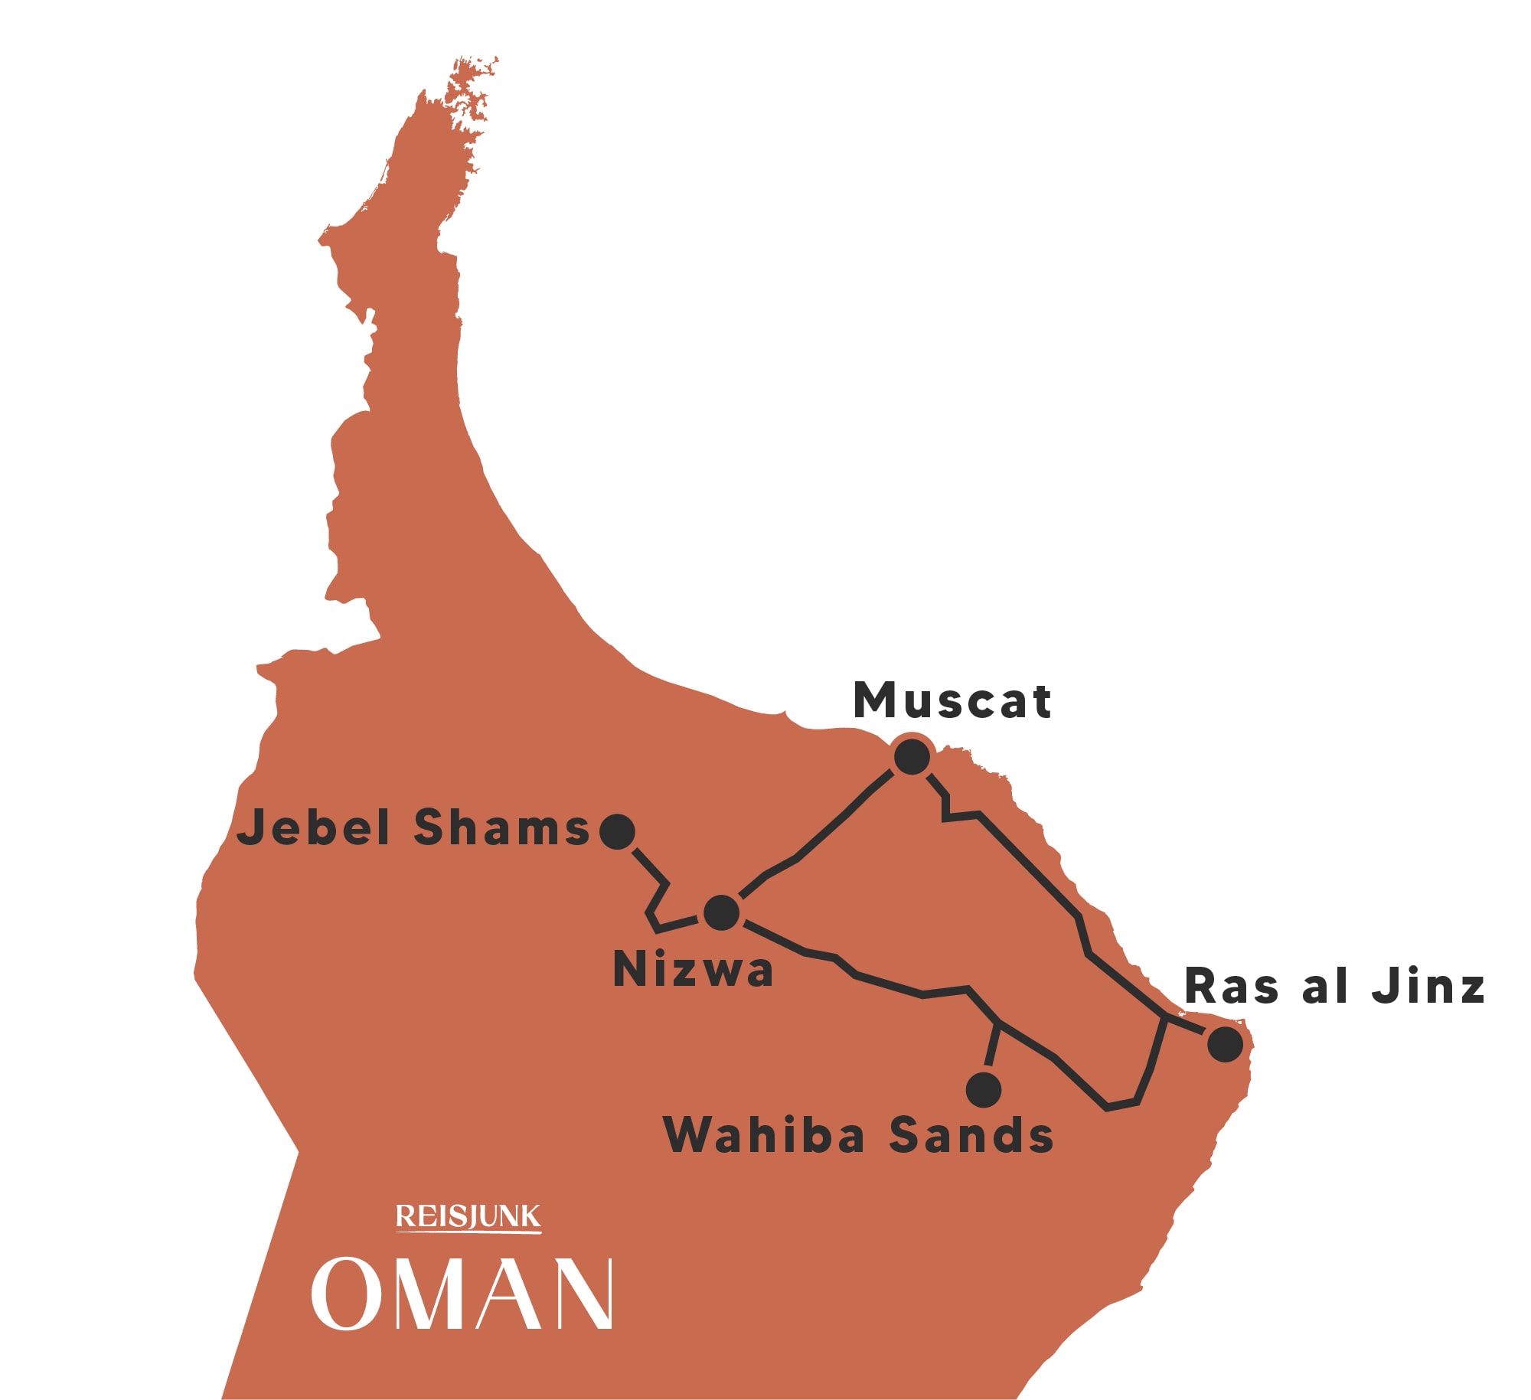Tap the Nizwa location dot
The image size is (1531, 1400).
click(721, 912)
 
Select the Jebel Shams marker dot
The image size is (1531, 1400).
click(617, 831)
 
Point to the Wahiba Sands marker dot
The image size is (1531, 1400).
click(984, 1089)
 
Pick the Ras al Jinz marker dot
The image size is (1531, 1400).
click(1225, 1044)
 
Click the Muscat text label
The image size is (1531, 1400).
click(952, 700)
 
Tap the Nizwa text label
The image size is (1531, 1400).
click(693, 970)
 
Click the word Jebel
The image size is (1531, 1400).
click(315, 827)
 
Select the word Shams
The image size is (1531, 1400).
click(501, 827)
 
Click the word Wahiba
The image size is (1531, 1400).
click(764, 1134)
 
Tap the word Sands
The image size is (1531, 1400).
click(971, 1134)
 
